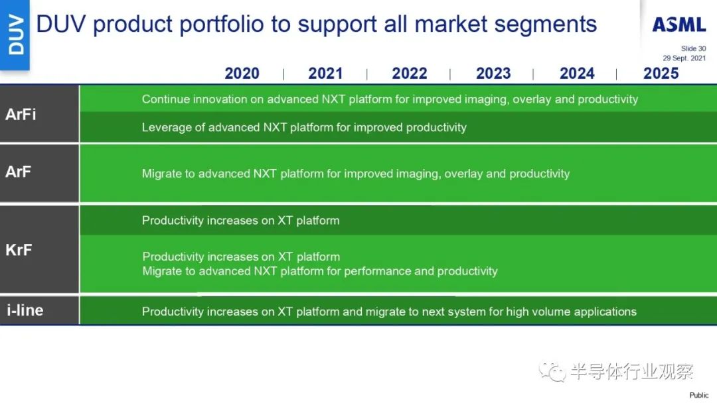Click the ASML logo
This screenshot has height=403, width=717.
click(x=679, y=25)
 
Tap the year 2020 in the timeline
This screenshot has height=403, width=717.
click(x=242, y=74)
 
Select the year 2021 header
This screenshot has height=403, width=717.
click(x=325, y=74)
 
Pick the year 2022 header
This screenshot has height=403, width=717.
click(x=409, y=74)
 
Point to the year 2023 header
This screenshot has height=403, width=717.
click(x=493, y=74)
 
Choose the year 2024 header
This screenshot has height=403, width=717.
click(x=577, y=74)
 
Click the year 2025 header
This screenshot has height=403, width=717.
click(x=661, y=74)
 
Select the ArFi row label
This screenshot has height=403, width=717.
click(x=21, y=114)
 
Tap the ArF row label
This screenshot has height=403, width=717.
click(x=19, y=172)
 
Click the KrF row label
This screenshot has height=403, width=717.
click(x=19, y=250)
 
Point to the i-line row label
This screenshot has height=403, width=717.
click(x=25, y=310)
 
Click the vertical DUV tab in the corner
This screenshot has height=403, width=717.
click(x=15, y=34)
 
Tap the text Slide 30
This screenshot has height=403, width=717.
click(x=693, y=48)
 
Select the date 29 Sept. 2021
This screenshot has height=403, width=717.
click(x=684, y=58)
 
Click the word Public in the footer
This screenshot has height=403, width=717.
click(x=698, y=395)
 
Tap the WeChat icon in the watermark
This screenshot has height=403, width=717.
click(x=552, y=371)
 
